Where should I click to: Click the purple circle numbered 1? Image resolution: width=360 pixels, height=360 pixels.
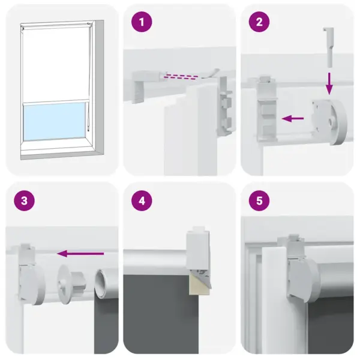(142, 23)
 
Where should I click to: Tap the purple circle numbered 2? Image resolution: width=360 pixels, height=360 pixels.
(259, 23)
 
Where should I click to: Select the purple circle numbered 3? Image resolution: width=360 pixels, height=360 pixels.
(24, 201)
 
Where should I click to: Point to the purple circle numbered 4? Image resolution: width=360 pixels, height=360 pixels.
(142, 201)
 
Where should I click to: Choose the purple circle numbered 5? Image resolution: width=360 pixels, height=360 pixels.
(259, 201)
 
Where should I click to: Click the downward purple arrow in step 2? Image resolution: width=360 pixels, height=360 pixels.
(329, 83)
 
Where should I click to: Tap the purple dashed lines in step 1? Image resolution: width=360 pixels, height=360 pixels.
(181, 76)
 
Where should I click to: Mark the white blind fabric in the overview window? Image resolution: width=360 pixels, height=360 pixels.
(53, 66)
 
